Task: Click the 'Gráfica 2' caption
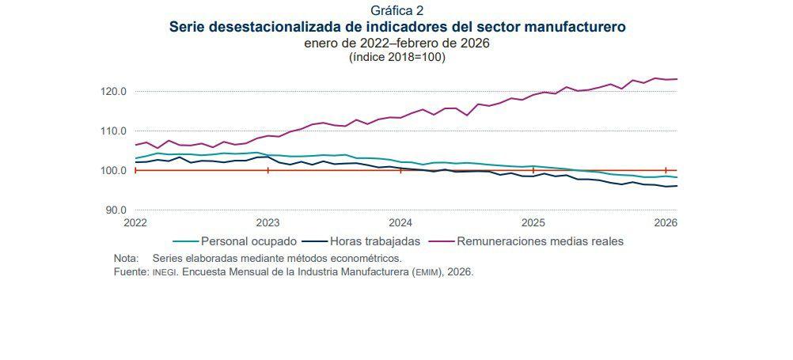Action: pyautogui.click(x=396, y=10)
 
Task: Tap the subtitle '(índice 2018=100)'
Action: pyautogui.click(x=396, y=57)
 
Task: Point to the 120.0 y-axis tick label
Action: pyautogui.click(x=114, y=92)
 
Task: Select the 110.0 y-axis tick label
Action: pyautogui.click(x=114, y=131)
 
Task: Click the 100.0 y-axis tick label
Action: pyautogui.click(x=114, y=171)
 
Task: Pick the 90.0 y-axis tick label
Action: pyautogui.click(x=116, y=210)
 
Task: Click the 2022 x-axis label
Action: pyautogui.click(x=136, y=223)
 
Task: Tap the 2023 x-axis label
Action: pyautogui.click(x=268, y=223)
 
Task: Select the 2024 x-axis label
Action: pyautogui.click(x=401, y=223)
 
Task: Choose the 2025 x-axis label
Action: pyautogui.click(x=533, y=223)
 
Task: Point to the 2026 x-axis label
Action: pyautogui.click(x=666, y=223)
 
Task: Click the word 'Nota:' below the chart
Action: pyautogui.click(x=127, y=258)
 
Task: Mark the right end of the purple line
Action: pyautogui.click(x=677, y=79)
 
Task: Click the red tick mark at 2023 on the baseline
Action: pyautogui.click(x=268, y=170)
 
